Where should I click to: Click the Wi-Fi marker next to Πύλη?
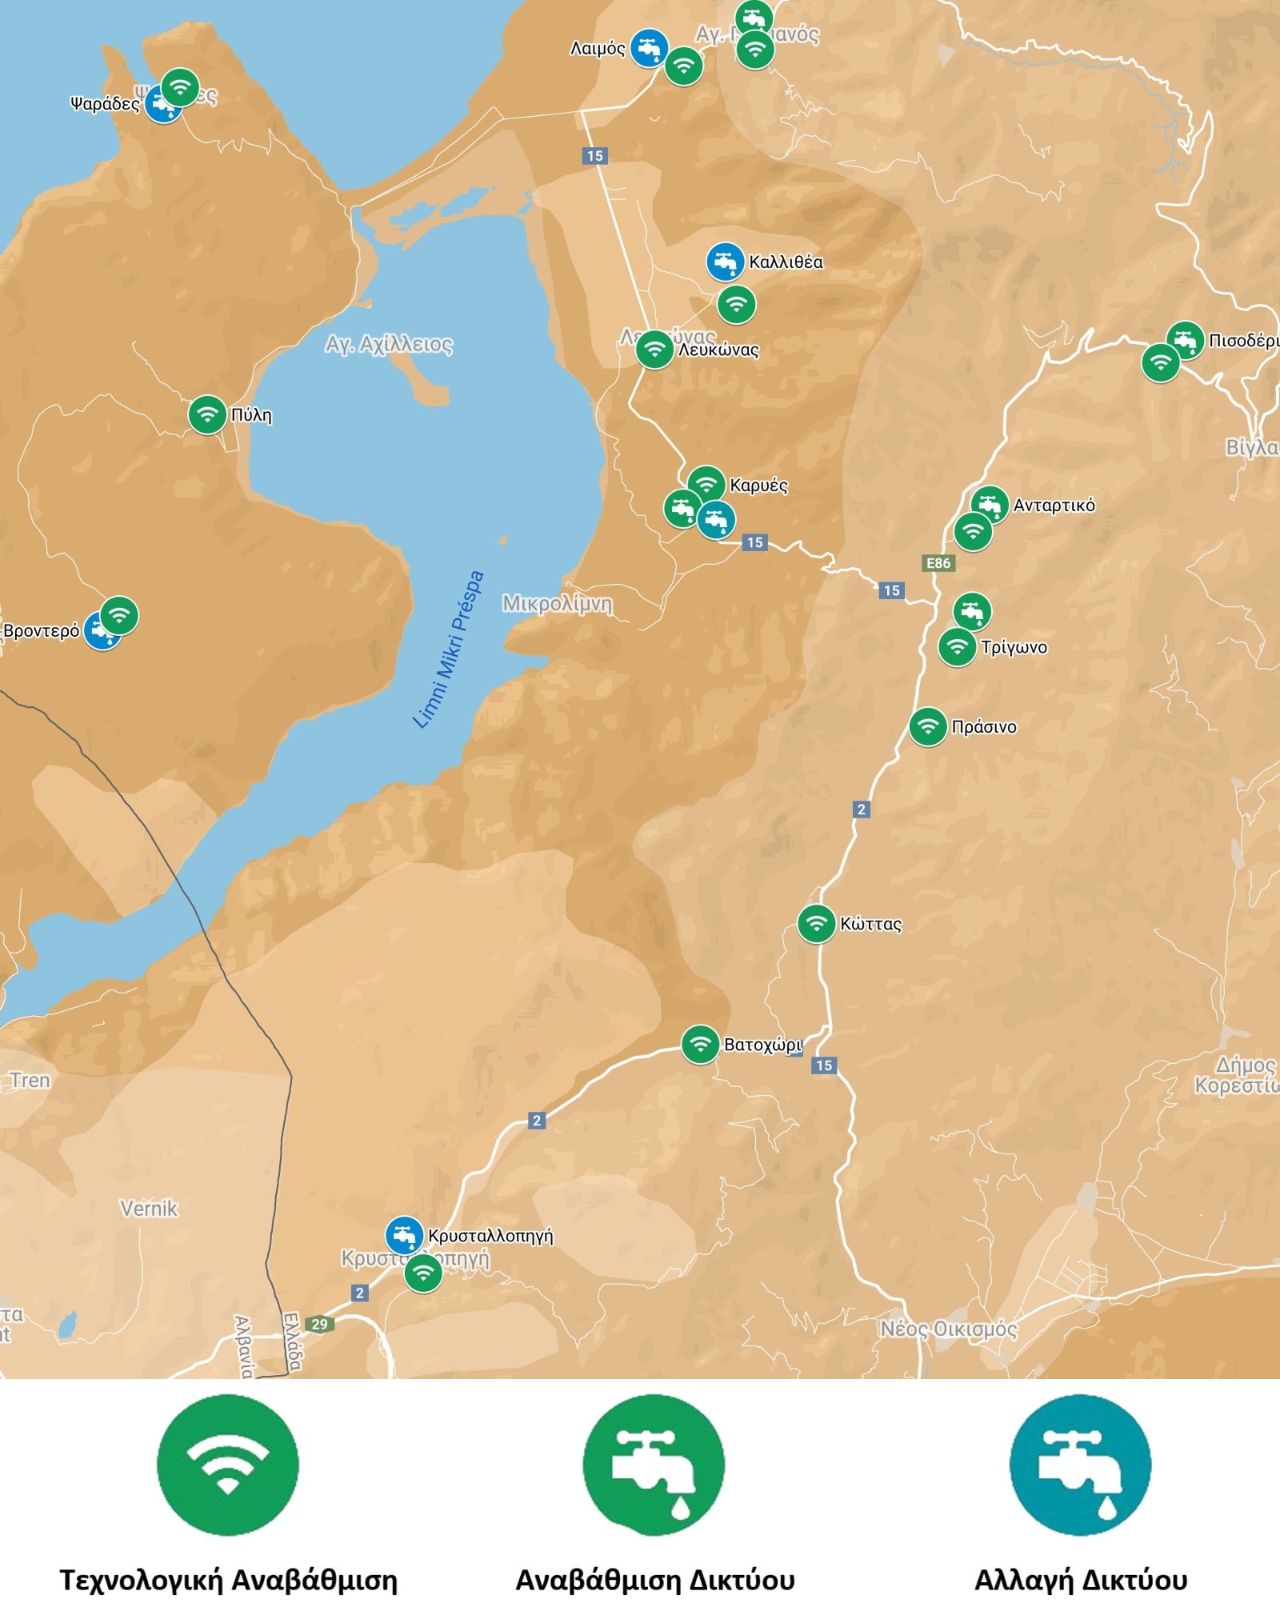(x=207, y=414)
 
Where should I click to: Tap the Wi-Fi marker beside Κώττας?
(x=816, y=924)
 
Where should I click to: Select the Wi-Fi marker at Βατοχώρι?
(x=700, y=1044)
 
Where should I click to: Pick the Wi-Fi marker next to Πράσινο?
(x=928, y=727)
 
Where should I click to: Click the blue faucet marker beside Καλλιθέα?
(x=725, y=262)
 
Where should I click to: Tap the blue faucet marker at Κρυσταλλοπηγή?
(x=404, y=1235)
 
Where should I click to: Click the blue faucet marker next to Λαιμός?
(x=649, y=48)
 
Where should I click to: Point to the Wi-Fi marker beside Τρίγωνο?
(x=957, y=646)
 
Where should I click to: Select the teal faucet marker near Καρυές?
(x=716, y=521)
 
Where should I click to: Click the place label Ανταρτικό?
(x=1054, y=506)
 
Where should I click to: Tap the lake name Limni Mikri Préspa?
(x=448, y=650)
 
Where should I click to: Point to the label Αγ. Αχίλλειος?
(x=389, y=345)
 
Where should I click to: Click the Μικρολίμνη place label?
(x=558, y=604)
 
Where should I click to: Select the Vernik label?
(x=149, y=1208)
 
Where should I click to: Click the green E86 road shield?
(x=938, y=563)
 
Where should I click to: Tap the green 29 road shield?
(x=319, y=1324)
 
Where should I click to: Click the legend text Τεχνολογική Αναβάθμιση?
(x=229, y=1581)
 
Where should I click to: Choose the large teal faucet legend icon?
(x=1080, y=1465)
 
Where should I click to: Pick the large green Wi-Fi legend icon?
(x=228, y=1465)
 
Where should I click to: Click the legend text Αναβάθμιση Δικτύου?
(x=654, y=1581)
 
